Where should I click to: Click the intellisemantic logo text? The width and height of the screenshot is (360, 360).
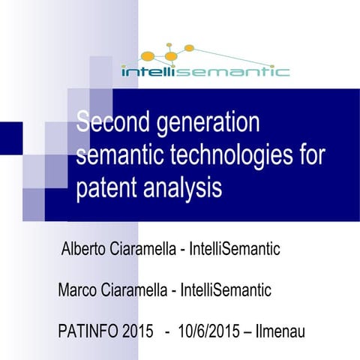coord(205,72)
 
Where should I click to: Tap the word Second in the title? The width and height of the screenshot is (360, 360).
coord(112,121)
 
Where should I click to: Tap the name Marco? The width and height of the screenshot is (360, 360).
coord(78,289)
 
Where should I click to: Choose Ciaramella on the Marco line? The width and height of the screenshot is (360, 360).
coord(137,289)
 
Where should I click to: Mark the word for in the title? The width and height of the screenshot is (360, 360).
coord(308,154)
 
